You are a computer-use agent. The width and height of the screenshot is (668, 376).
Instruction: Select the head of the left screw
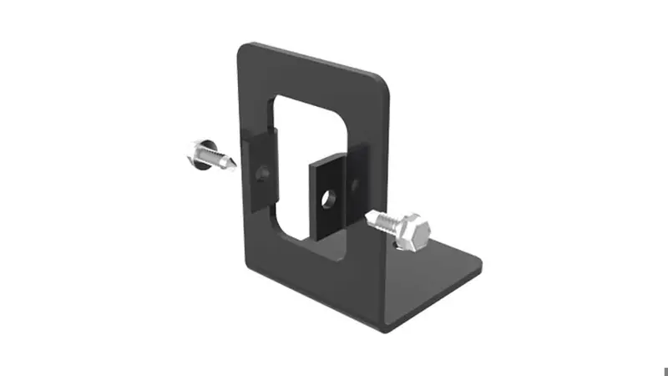point(196,153)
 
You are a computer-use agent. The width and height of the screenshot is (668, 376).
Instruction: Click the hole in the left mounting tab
point(264,174)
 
